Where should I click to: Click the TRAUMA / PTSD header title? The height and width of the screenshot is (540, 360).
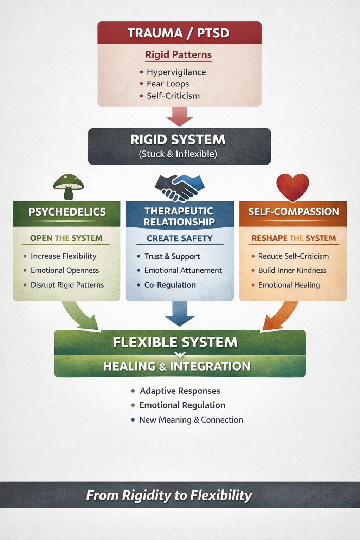pyautogui.click(x=178, y=33)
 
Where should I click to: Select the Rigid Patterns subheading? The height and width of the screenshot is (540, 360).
pyautogui.click(x=178, y=55)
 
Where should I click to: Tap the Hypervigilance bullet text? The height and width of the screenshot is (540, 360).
pyautogui.click(x=176, y=72)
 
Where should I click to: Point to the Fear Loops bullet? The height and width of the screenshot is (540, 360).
pyautogui.click(x=168, y=84)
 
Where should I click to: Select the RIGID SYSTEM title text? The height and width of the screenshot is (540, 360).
pyautogui.click(x=178, y=140)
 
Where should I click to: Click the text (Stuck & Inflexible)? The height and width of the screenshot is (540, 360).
pyautogui.click(x=178, y=154)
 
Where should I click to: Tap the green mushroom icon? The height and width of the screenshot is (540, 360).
pyautogui.click(x=69, y=186)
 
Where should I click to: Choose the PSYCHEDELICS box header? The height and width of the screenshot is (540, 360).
pyautogui.click(x=67, y=212)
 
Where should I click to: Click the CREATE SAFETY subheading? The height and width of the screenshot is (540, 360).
pyautogui.click(x=179, y=238)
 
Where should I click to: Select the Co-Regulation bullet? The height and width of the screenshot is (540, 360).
pyautogui.click(x=170, y=285)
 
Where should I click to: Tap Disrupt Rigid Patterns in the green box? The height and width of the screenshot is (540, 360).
pyautogui.click(x=67, y=285)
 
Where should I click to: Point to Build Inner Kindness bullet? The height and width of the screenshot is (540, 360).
pyautogui.click(x=292, y=270)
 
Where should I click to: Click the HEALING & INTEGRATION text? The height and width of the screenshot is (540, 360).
pyautogui.click(x=176, y=366)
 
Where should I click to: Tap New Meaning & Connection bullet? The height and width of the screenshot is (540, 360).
pyautogui.click(x=191, y=420)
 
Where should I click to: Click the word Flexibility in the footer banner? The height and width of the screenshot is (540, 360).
pyautogui.click(x=221, y=495)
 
